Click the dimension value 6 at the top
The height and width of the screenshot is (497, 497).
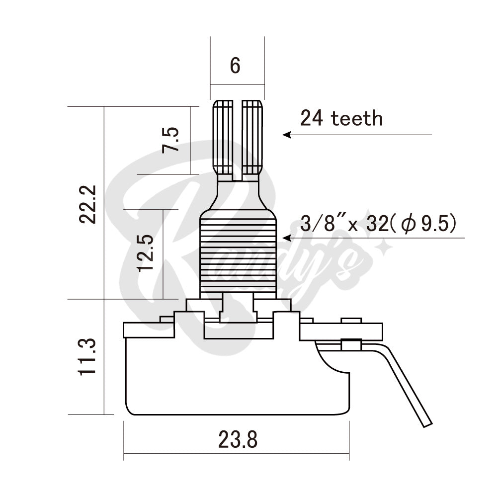click(235, 66)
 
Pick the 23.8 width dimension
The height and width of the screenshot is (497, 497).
click(237, 439)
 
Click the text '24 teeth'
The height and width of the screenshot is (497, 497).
click(341, 118)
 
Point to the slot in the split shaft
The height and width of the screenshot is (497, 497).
click(238, 139)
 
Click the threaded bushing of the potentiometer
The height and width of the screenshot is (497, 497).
click(238, 253)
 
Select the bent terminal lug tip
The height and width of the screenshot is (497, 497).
click(426, 422)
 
